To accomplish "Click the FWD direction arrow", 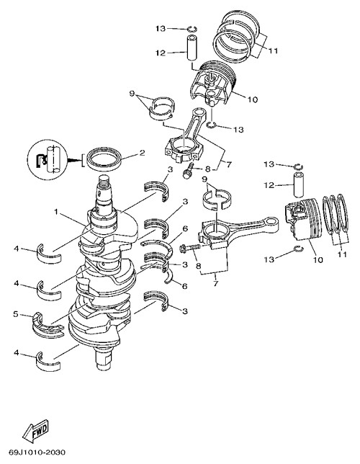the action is point(35,429).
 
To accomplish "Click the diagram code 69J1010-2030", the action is point(37,452).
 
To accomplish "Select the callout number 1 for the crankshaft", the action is point(55,212).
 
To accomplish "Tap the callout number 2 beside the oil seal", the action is point(142,153).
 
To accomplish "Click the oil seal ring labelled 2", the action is point(104,159).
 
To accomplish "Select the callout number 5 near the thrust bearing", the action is point(16,314).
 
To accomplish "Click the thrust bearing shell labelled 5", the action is point(48,325).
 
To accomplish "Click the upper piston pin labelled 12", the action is point(191,48).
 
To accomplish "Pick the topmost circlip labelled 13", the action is point(192,29).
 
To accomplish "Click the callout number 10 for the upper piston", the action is point(253,99).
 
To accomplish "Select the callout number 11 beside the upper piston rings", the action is point(274,51).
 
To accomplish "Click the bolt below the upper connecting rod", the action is point(188,171).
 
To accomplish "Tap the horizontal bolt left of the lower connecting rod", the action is point(190,247).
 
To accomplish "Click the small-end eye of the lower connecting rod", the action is point(271,221).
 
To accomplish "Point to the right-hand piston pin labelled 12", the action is point(299,185).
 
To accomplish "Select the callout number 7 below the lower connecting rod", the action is point(215,283).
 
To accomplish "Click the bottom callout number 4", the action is point(17,352).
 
